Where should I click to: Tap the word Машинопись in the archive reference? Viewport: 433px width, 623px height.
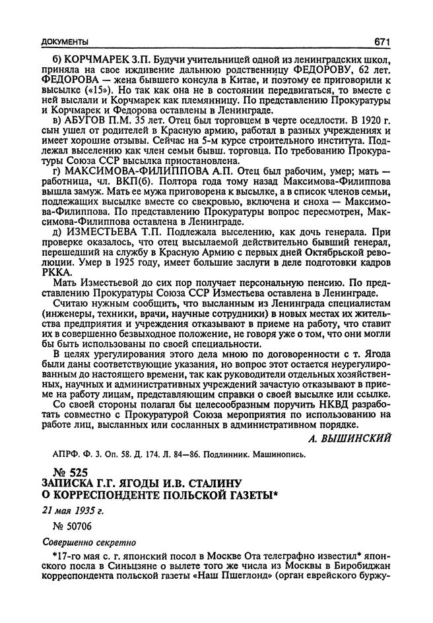(277, 454)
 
